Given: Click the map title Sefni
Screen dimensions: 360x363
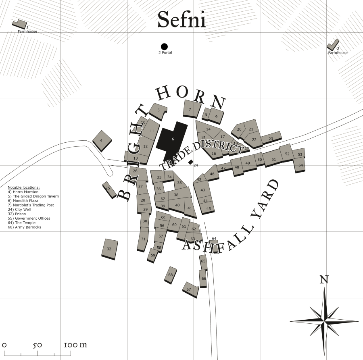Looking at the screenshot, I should (181, 19).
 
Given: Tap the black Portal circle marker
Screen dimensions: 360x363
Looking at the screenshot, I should (164, 47).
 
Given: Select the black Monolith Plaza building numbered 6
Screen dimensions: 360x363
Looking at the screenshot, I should (173, 139).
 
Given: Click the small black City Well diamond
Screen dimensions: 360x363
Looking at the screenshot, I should (190, 162).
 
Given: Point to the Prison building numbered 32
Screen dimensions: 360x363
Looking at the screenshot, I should (109, 248).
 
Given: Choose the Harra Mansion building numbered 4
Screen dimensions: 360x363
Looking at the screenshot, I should (102, 140).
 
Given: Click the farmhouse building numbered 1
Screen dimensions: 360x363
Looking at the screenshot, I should (19, 24).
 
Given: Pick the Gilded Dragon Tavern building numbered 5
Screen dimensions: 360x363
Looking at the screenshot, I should (158, 110).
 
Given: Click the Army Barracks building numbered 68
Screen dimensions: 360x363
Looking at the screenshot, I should (171, 275).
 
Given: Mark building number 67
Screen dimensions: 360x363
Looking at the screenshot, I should (190, 289).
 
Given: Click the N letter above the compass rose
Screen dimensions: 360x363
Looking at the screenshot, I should (324, 279).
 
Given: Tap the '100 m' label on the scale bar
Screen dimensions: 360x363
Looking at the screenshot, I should (75, 345).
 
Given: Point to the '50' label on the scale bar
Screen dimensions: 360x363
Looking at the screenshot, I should (38, 345).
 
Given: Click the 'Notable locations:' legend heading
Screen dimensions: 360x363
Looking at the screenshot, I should (24, 187).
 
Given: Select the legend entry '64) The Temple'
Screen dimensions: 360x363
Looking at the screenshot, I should (22, 223).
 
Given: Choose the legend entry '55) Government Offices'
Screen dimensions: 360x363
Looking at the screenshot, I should (29, 218).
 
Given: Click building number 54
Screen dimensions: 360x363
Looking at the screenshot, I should (300, 165).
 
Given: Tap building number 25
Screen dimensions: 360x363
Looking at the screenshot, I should (108, 189).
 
